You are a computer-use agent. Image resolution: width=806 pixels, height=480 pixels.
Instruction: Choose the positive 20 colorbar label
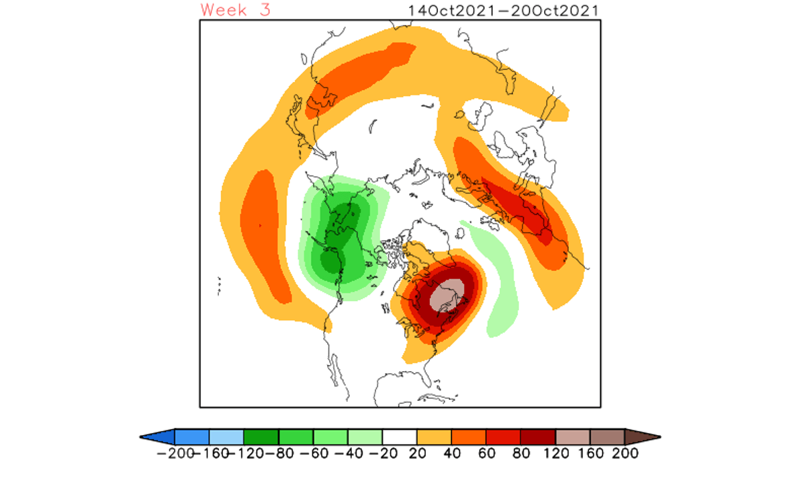click(x=417, y=453)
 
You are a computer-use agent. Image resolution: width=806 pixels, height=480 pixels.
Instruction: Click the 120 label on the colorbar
click(x=555, y=453)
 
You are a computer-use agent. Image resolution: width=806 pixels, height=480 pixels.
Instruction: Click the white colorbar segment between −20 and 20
click(x=400, y=436)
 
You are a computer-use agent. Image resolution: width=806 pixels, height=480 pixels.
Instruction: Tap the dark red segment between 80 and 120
click(x=538, y=436)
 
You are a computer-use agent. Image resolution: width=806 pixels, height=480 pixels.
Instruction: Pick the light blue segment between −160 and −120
click(x=226, y=436)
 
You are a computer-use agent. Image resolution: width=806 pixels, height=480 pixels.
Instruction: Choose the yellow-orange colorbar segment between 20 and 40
click(x=434, y=436)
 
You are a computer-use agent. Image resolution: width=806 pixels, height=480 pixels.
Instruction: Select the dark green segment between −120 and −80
click(x=261, y=436)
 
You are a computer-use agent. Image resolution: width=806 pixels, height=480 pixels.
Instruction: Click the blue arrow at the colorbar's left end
click(x=159, y=436)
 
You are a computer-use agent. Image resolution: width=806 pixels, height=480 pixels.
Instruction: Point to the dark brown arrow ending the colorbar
click(x=641, y=436)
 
